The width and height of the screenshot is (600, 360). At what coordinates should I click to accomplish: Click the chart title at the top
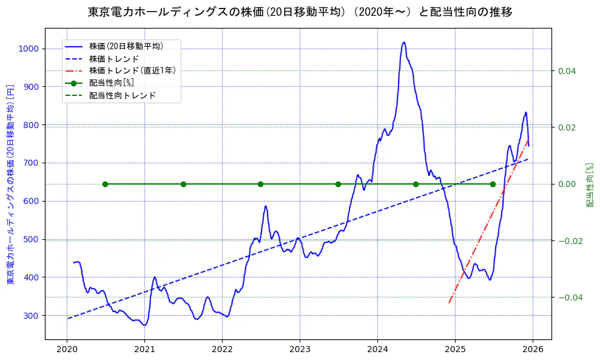point(300,12)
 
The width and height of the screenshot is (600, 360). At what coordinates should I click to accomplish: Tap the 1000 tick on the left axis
point(29,49)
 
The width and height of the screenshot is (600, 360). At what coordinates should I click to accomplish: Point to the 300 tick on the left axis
point(31,315)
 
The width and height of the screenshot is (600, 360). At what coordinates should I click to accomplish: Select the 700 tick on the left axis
point(31,163)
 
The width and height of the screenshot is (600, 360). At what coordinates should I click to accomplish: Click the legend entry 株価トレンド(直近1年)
point(132,70)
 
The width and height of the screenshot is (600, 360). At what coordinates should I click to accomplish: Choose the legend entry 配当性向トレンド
point(122,95)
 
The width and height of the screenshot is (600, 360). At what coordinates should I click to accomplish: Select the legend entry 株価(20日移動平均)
point(126,46)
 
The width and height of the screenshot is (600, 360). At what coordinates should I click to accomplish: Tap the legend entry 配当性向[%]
point(111,83)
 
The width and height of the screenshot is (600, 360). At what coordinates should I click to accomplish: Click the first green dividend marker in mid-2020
point(105,184)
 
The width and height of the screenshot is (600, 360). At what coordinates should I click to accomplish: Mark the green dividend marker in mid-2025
point(493,184)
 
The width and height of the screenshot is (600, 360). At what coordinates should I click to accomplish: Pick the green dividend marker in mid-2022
point(260,184)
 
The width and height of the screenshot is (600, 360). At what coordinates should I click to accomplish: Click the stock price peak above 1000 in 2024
point(403,42)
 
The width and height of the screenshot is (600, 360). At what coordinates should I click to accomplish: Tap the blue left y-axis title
point(10,184)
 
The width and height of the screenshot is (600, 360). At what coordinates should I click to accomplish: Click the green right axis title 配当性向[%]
point(589,185)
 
